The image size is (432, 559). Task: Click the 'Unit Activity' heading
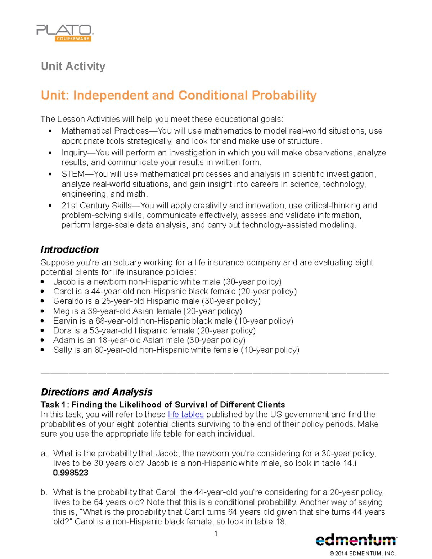pos(73,66)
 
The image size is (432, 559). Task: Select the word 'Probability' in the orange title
pos(284,95)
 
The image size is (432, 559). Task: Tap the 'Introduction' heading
pos(69,249)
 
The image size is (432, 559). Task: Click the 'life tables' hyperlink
pos(186,414)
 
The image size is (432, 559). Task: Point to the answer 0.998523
pos(71,473)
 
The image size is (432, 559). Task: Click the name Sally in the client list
pos(62,350)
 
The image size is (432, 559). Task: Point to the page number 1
pos(216,533)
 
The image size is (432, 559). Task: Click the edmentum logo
pos(356,540)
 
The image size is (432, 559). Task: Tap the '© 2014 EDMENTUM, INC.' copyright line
pos(363,553)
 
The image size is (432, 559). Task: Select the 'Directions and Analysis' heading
pos(96,392)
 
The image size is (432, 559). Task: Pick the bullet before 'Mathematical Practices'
pos(50,131)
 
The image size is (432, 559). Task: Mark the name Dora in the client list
pos(62,330)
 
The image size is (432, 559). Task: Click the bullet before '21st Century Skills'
pos(50,206)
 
